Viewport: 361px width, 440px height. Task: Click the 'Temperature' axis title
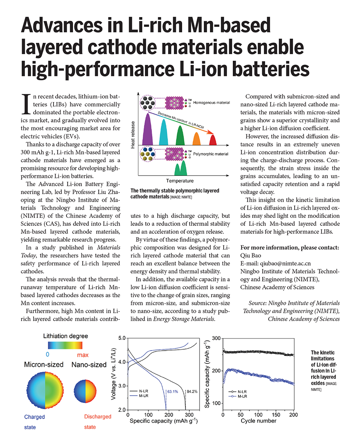click(x=180, y=181)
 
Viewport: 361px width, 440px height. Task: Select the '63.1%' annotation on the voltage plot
click(x=172, y=391)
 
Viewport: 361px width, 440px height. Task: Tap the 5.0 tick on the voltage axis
click(x=121, y=338)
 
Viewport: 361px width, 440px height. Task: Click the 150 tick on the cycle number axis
click(x=276, y=415)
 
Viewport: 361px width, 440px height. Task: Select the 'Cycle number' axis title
click(x=258, y=421)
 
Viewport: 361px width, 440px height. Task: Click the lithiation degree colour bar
click(x=65, y=345)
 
